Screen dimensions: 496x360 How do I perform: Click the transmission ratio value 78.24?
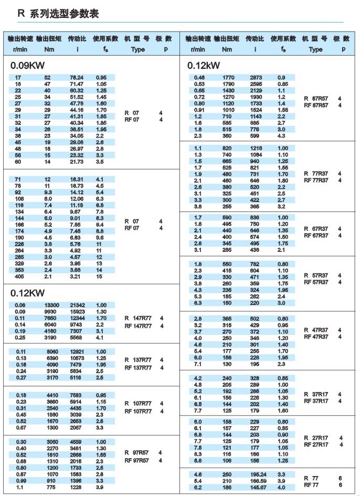coord(77,78)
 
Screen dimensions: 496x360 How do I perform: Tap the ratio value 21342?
coord(77,305)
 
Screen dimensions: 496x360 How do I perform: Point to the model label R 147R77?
coord(137,318)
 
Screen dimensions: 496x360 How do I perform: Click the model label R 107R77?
coord(137,404)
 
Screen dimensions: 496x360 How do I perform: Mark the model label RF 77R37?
coord(316,181)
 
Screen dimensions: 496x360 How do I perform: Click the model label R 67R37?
coord(316,229)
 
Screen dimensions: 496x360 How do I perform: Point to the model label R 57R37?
coord(316,276)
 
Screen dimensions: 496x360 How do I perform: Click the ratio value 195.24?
coord(258,474)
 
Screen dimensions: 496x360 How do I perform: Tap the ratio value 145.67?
coord(258,487)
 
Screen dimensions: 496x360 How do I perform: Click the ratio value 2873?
coord(256,78)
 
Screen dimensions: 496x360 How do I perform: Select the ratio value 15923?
coord(77,311)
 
